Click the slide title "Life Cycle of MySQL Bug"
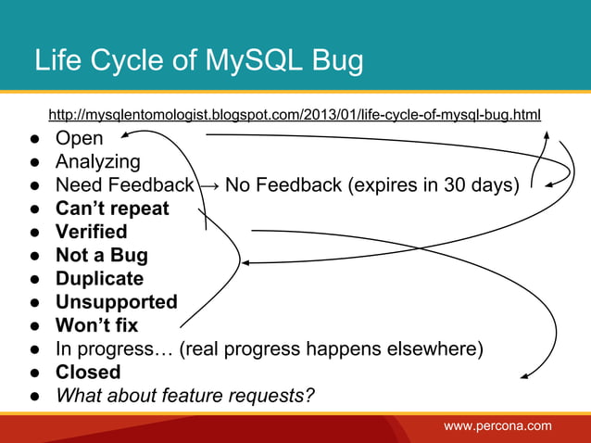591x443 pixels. click(x=198, y=60)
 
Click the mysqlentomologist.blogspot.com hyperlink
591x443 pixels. click(x=294, y=115)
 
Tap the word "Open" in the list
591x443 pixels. click(x=80, y=139)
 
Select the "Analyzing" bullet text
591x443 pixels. click(x=97, y=162)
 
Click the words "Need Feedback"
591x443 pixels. click(x=124, y=185)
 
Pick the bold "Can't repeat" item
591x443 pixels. click(x=112, y=209)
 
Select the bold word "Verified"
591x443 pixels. click(x=91, y=232)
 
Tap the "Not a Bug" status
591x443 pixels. click(x=101, y=255)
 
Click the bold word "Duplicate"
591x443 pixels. click(x=99, y=279)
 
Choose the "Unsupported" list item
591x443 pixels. click(x=116, y=302)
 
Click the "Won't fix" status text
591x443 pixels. click(x=96, y=325)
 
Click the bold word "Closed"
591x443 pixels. click(x=88, y=372)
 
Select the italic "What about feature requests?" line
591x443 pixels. click(x=185, y=396)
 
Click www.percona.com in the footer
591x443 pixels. click(x=497, y=426)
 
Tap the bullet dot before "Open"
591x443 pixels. click(x=31, y=140)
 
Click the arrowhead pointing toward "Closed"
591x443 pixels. click(x=524, y=376)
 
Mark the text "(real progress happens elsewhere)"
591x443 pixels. click(x=332, y=348)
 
